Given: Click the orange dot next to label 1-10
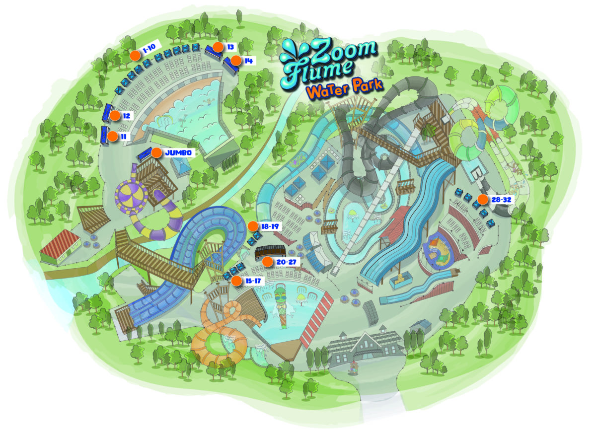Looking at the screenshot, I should (x=135, y=55).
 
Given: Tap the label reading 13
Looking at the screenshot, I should (x=230, y=47).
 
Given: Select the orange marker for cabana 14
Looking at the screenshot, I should (x=235, y=61).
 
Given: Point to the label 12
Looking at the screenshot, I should (x=126, y=116).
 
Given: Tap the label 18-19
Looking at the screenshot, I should (x=271, y=226).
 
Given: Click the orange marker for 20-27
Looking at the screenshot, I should (x=267, y=262).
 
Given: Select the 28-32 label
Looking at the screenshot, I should (x=500, y=200).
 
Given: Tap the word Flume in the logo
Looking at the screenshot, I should (x=318, y=72).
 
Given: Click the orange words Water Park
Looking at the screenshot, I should (x=344, y=89).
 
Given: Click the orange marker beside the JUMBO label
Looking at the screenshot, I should (x=156, y=153).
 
